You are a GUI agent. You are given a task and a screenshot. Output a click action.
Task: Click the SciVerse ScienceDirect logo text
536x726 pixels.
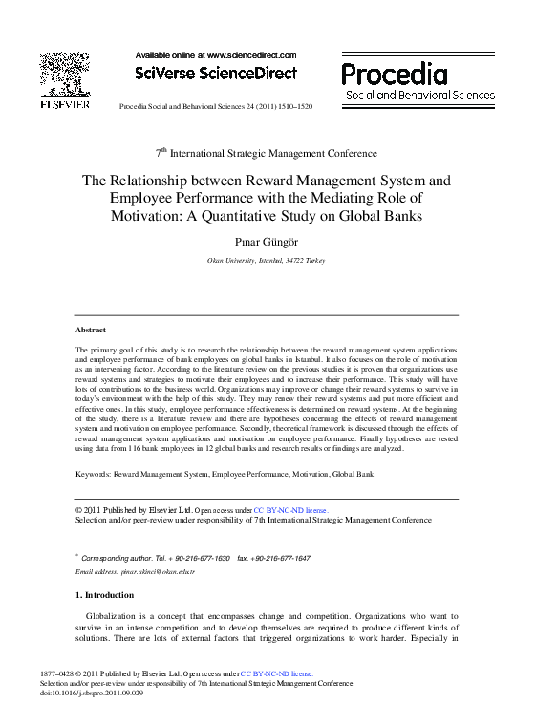click(216, 74)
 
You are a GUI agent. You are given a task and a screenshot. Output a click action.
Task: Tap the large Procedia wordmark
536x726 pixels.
click(395, 75)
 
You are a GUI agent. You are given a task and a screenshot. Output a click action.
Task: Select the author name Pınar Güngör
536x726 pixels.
click(267, 242)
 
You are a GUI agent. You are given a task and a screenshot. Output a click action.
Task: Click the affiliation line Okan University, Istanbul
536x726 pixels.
click(267, 260)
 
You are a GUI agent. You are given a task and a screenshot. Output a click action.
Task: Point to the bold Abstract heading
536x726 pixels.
click(92, 330)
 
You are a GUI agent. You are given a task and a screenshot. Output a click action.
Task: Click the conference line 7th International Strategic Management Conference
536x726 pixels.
click(267, 153)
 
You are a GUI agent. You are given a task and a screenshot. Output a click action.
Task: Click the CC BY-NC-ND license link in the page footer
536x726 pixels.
click(277, 674)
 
